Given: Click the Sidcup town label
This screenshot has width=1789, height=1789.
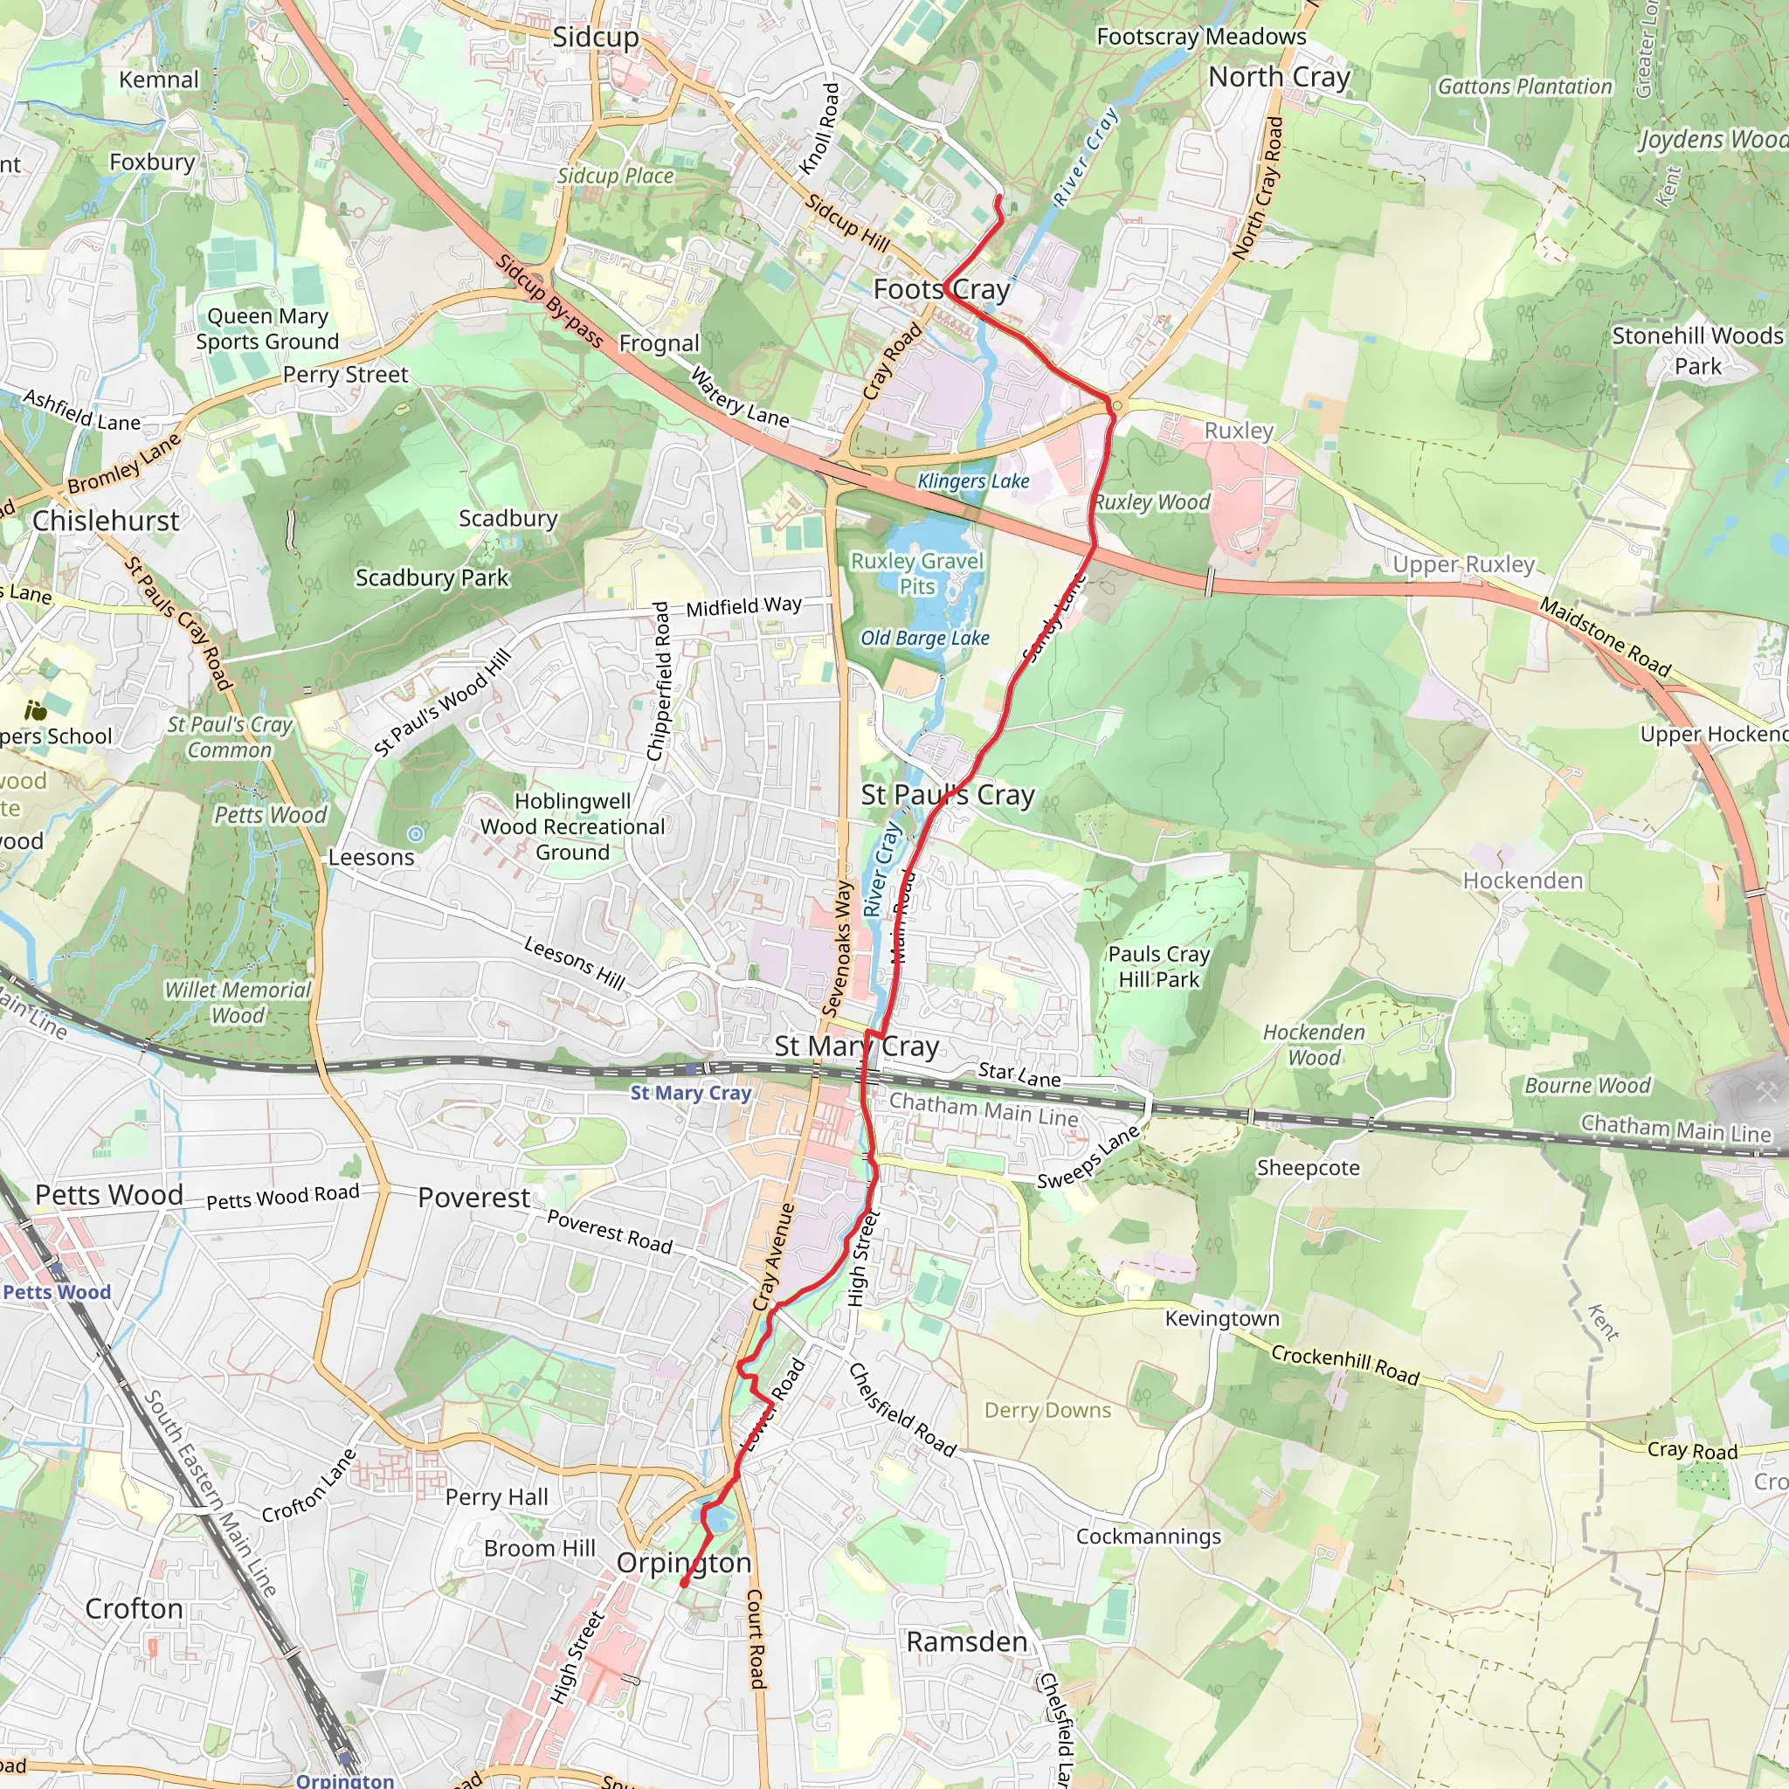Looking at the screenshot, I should point(596,37).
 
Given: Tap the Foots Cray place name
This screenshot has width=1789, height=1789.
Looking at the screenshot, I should point(941,290).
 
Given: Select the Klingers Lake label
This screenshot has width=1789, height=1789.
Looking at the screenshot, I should point(973,481).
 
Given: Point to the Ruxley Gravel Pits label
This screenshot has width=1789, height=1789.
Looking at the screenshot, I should point(916,573).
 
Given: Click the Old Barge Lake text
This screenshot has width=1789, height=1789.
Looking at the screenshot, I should point(925,638).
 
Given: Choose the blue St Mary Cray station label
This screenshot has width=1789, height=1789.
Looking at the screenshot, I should point(691,1093).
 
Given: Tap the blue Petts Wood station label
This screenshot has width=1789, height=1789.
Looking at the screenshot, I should point(57,1292).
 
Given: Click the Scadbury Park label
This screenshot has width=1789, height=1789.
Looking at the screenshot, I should point(432,577).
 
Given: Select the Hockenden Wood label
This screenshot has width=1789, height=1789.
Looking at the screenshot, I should point(1314,1045).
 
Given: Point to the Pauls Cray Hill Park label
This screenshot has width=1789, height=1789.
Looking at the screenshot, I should point(1159,967).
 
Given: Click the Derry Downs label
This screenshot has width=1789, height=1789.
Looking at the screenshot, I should point(1047,1410).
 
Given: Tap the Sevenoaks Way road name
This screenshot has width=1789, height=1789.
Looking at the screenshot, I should point(838,950).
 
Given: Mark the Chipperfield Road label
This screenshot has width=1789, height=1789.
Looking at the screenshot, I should point(660,681).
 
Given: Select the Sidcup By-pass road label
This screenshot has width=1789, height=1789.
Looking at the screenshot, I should point(549,301).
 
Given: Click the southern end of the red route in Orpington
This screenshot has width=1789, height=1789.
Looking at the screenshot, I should point(684,1585).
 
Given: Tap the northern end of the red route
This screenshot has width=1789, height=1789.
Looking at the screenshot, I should point(998,197).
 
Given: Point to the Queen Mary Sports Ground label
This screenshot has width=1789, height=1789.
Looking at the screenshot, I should point(267,328).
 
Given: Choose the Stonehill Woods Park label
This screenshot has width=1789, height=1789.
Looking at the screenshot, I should point(1697,350).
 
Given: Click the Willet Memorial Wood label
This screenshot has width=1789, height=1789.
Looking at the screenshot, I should point(238,1002).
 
